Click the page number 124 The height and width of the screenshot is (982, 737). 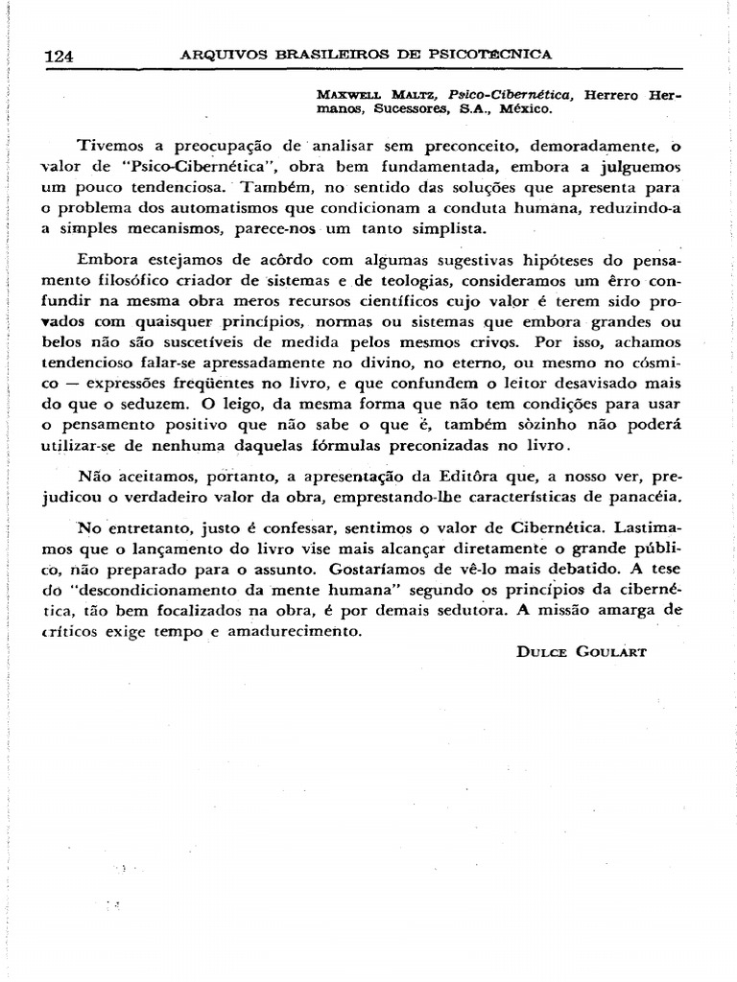59,56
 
